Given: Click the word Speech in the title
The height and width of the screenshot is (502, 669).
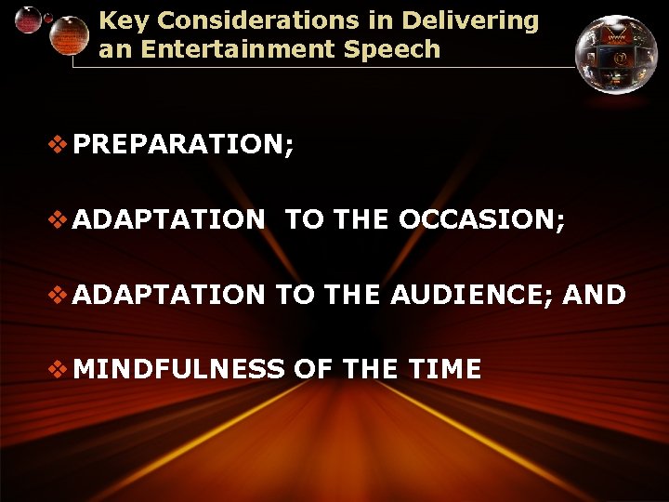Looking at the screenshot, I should tap(399, 49).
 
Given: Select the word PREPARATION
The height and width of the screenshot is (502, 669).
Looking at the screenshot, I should tap(183, 145).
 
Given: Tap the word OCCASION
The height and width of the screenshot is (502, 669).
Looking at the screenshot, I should tap(481, 220).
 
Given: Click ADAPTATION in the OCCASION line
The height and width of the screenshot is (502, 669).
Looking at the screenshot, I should tap(169, 220).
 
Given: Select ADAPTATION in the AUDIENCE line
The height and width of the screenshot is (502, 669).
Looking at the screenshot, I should tap(169, 295).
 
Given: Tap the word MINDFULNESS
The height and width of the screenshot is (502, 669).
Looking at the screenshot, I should tap(178, 369).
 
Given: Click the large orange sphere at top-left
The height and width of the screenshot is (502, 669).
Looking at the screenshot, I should tap(68, 34).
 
